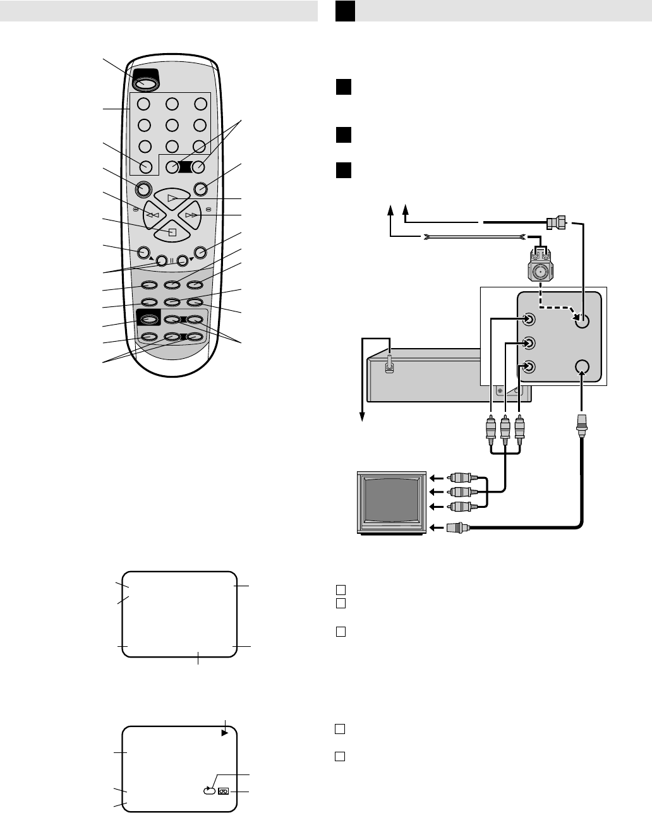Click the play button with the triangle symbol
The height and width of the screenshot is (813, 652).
172,198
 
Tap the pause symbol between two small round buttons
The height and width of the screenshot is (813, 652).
172,260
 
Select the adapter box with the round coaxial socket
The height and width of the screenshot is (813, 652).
540,272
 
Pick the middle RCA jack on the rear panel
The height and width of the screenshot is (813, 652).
530,344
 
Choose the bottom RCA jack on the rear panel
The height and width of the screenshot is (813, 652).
530,367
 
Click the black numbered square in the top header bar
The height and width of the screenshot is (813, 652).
345,11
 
